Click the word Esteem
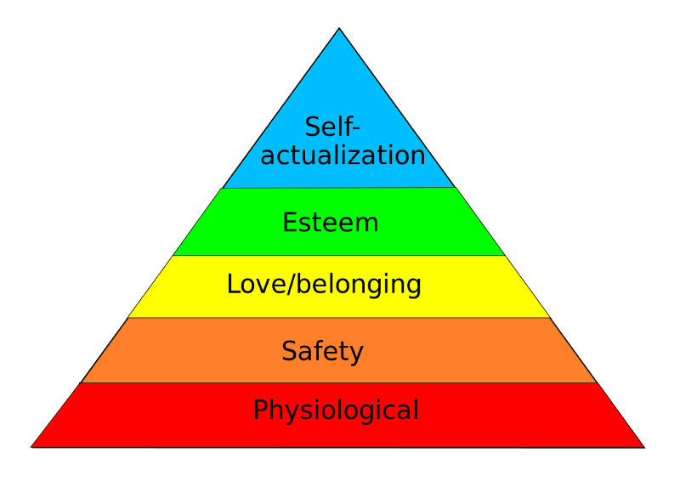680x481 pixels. pos(330,223)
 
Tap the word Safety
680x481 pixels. pos(322,351)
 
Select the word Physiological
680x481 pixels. pos(336,410)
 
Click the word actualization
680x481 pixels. pos(343,156)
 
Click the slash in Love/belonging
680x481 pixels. pos(293,285)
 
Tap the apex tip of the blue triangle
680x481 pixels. pos(339,31)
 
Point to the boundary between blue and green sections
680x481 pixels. pos(339,187)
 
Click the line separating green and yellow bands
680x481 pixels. pos(339,255)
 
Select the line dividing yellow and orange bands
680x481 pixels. pos(339,317)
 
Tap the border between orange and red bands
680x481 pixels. pos(339,382)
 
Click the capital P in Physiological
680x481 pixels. pos(260,410)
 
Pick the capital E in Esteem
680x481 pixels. pos(289,223)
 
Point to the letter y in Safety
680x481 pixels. pos(358,354)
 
